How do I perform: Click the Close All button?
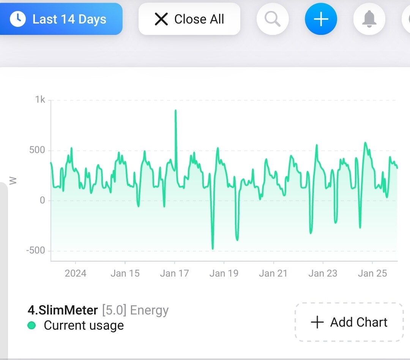[x=189, y=19]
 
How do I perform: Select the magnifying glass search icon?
[x=273, y=19]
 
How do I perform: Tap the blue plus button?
[x=321, y=19]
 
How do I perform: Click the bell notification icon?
[x=369, y=19]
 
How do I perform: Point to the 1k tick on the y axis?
[x=40, y=100]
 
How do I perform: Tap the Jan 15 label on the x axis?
[x=125, y=273]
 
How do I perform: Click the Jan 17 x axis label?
[x=174, y=273]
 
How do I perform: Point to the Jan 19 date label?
[x=224, y=273]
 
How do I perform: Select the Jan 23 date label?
[x=323, y=273]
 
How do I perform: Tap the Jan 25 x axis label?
[x=372, y=273]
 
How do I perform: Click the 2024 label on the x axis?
[x=76, y=273]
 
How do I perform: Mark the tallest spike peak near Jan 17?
[x=175, y=110]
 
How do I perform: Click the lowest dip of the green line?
[x=213, y=249]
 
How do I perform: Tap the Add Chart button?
[x=349, y=322]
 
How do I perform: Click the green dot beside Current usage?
[x=32, y=325]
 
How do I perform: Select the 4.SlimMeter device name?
[x=63, y=310]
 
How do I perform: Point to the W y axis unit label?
[x=14, y=181]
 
